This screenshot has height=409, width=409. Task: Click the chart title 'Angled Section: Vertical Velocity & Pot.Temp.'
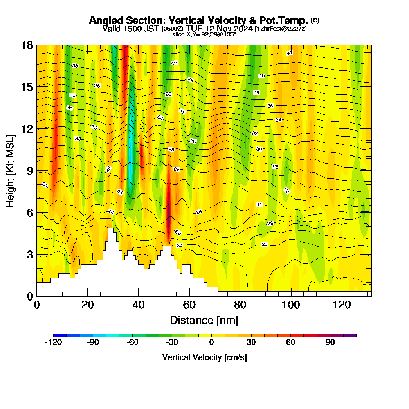coord(198,20)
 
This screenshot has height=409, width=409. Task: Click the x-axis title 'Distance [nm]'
coord(204,320)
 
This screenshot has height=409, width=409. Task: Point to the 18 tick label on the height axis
coord(27,45)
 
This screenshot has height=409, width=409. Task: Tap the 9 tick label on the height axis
coord(29,171)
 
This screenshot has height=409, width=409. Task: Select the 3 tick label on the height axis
coord(29,254)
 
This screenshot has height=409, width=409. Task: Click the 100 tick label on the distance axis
coord(291,305)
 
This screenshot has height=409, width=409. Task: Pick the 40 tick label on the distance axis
coord(139,305)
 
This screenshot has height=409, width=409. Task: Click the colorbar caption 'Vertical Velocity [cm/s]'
coord(204,357)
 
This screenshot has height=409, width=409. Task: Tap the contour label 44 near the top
coord(290,53)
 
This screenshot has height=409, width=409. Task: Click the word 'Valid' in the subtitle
coord(111,29)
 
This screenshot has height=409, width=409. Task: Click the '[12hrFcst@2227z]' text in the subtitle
coord(281,29)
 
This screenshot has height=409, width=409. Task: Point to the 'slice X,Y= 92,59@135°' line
coord(204,34)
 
